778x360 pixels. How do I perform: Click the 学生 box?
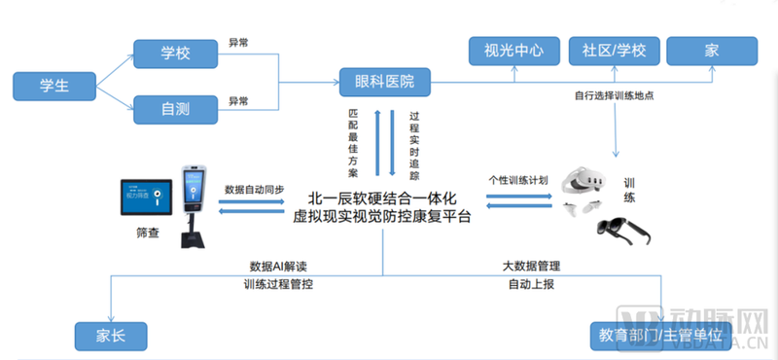pos(53,85)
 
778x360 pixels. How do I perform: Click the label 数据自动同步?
pos(255,189)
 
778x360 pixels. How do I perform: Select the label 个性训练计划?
pos(516,181)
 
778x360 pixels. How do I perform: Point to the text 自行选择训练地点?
pos(614,97)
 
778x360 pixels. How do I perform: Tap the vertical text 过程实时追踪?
pos(413,144)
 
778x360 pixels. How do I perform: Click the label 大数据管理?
pos(531,266)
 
